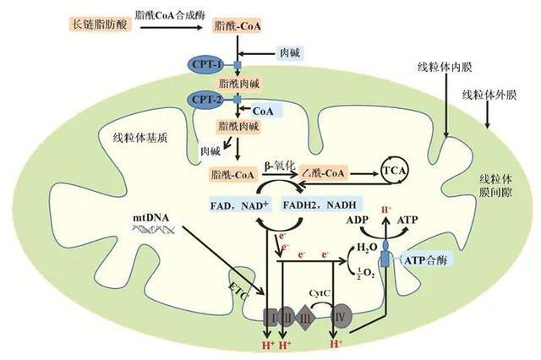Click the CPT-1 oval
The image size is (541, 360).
[207, 64]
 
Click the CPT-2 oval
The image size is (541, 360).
[207, 100]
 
